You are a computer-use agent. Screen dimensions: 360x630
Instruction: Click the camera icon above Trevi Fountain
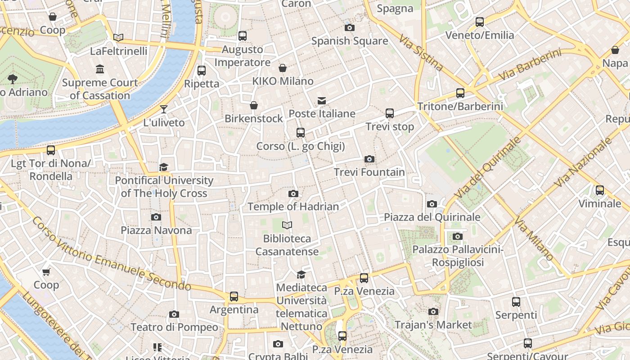tap(369, 159)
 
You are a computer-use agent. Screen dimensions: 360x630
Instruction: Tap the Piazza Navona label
tap(156, 230)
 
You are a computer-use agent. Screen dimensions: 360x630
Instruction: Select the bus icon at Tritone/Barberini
tap(460, 93)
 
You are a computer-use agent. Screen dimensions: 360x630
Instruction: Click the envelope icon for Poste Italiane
tap(322, 100)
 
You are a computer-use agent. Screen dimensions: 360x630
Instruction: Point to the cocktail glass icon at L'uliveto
tap(164, 109)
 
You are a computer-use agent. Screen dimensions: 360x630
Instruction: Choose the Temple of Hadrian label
tap(293, 207)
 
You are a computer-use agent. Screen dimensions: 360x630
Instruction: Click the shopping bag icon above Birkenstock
tap(254, 105)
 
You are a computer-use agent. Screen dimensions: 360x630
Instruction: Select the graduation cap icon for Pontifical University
tap(164, 167)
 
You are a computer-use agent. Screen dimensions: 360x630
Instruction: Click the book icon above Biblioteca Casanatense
tap(287, 225)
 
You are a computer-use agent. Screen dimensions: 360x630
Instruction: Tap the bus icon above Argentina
tap(234, 297)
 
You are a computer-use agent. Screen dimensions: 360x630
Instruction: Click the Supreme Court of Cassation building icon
tap(100, 69)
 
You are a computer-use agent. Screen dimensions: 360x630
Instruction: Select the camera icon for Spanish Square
tap(349, 28)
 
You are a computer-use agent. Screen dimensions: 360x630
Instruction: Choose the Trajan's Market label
tap(433, 324)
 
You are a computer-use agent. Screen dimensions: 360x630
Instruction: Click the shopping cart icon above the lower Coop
tap(46, 272)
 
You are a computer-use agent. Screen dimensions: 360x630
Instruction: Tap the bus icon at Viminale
tap(599, 190)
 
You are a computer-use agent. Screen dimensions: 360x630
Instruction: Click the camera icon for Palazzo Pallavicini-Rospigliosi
tap(457, 236)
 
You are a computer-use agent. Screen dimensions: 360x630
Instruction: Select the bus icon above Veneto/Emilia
tap(479, 22)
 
